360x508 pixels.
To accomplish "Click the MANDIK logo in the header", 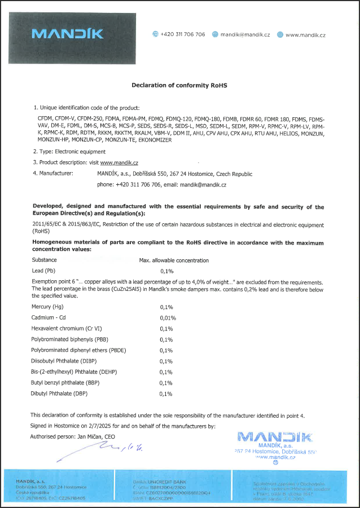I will [x=68, y=34].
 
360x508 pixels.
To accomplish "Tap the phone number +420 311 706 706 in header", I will [x=183, y=34].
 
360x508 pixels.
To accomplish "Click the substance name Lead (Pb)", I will [x=46, y=271].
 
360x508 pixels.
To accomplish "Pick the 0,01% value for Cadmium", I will [x=168, y=318].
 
